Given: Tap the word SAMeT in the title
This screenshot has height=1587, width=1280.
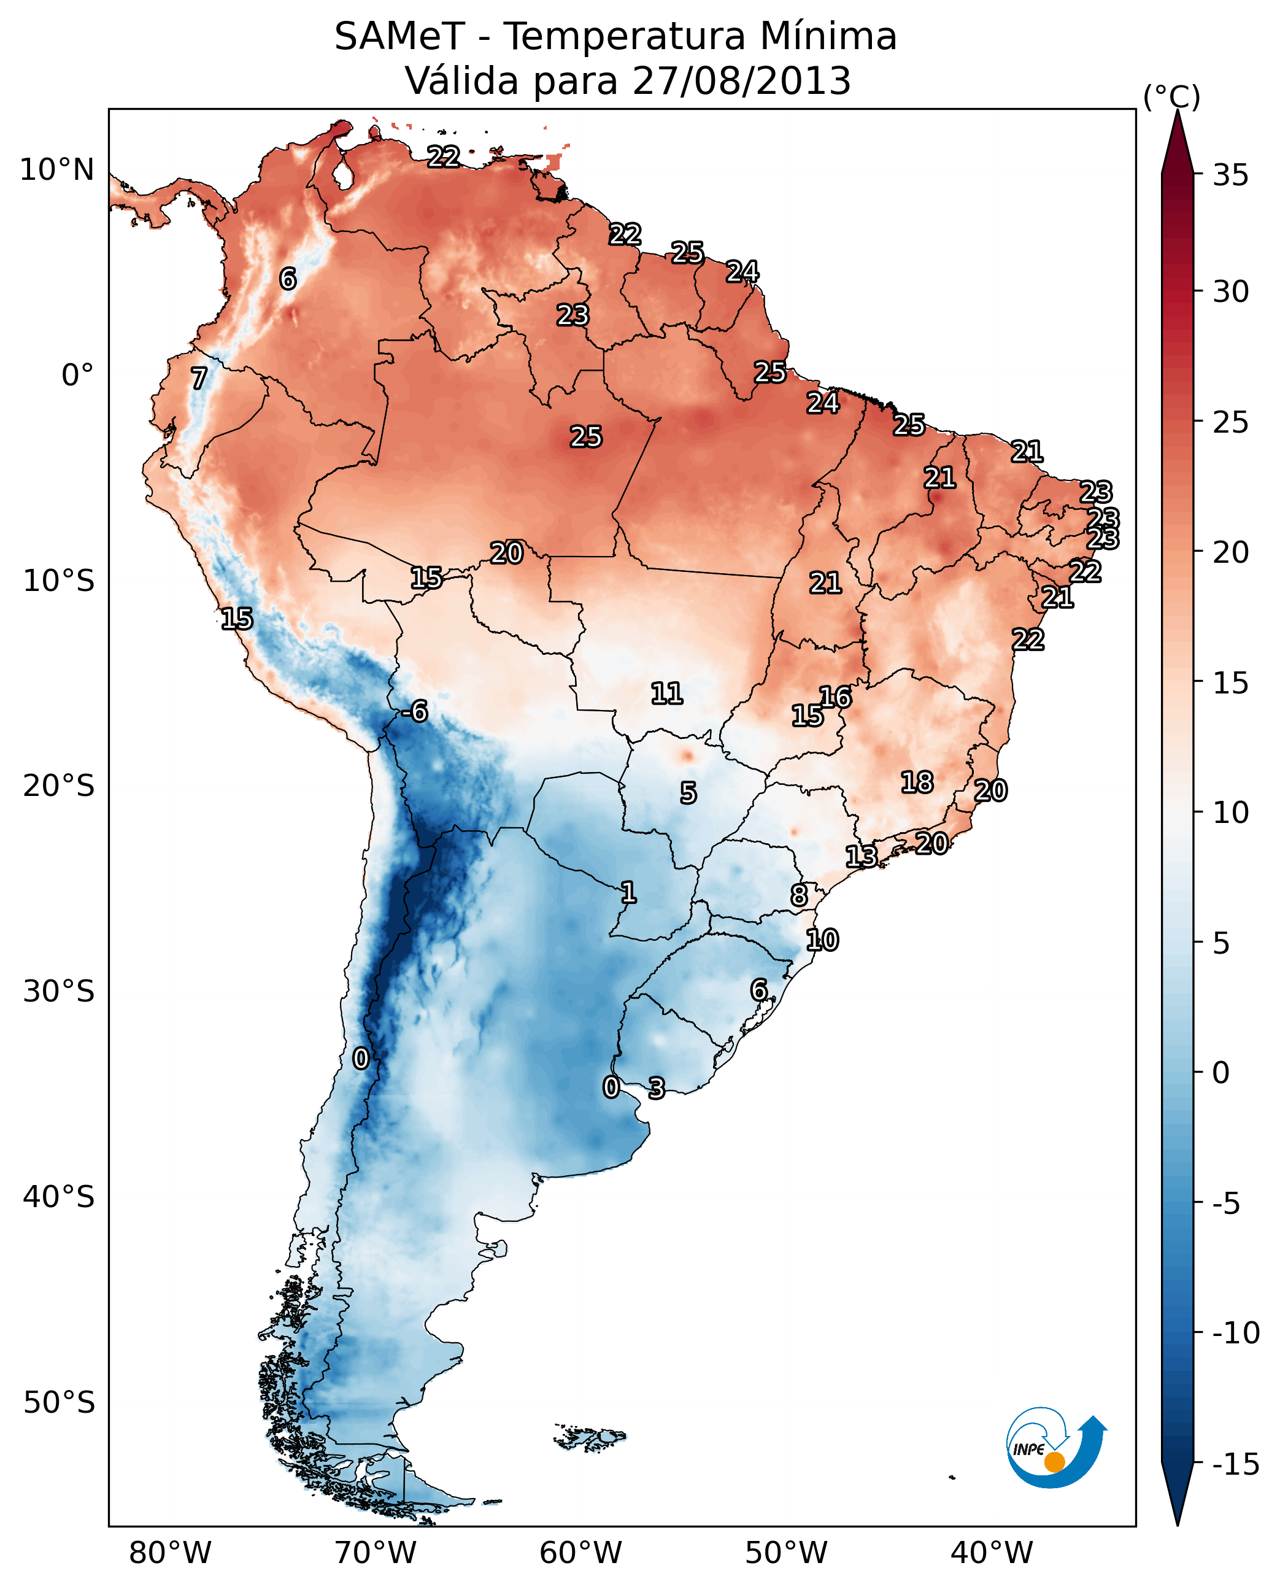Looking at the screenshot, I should point(399,37).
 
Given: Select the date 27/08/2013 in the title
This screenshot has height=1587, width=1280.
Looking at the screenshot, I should point(741,81).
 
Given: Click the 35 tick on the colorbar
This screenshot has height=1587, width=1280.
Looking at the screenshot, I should point(1230,176).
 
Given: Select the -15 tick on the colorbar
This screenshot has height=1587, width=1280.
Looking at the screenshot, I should point(1235,1464).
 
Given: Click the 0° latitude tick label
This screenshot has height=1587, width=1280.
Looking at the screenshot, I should point(77,376).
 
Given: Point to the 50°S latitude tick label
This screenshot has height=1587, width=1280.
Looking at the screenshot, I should point(59,1402).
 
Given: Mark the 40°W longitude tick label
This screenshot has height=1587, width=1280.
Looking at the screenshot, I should point(991,1553).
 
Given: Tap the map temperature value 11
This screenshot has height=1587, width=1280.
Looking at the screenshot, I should point(666,693).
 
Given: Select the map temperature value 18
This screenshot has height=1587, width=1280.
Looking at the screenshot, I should point(917,782).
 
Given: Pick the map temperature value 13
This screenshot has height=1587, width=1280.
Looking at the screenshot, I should point(860,856).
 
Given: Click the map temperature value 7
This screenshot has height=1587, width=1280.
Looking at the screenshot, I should point(199,379).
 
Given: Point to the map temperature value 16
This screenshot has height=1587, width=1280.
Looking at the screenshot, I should point(835,697).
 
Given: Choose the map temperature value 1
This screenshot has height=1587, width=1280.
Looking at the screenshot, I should point(628,893).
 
